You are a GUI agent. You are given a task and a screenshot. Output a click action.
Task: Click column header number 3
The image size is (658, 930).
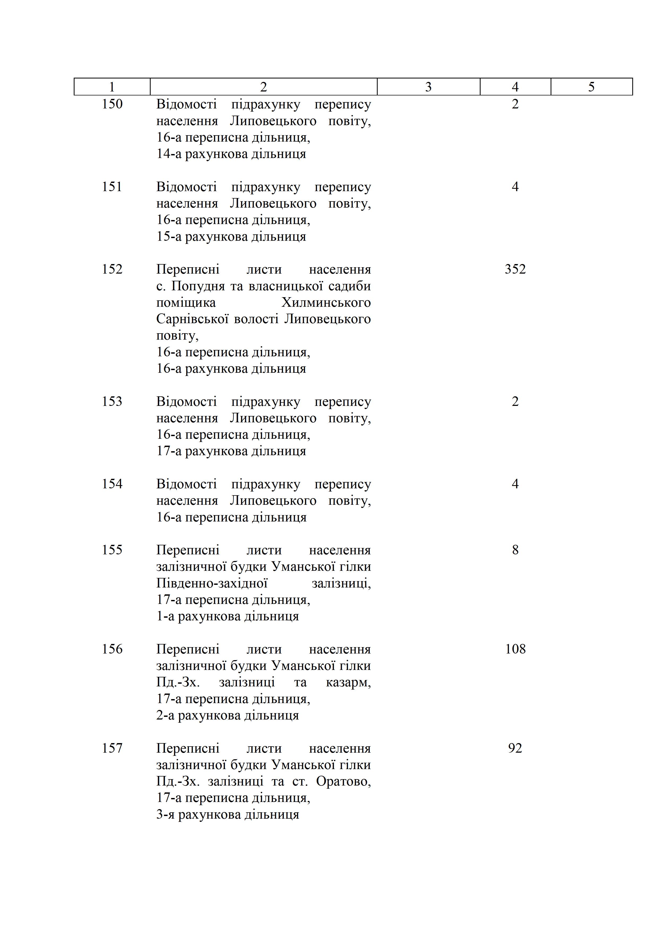(x=428, y=87)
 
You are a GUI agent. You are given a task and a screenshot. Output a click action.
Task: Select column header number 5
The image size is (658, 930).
(x=591, y=87)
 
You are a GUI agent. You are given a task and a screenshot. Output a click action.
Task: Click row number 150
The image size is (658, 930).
(x=112, y=104)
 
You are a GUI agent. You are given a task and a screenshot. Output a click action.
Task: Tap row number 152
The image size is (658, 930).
(x=112, y=269)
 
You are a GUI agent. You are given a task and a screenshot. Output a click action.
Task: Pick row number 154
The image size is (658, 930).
(x=112, y=484)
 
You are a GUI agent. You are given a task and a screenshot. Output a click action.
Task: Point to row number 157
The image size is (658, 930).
(x=112, y=748)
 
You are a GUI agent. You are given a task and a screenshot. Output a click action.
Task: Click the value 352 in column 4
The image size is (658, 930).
(x=515, y=269)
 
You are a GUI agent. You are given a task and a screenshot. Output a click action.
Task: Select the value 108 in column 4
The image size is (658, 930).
(x=515, y=649)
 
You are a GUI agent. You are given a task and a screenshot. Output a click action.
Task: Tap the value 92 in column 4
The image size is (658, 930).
(x=515, y=748)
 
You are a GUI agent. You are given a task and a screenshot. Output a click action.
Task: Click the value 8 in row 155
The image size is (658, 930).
(x=515, y=550)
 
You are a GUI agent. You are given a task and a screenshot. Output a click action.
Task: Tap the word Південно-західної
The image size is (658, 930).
(x=212, y=583)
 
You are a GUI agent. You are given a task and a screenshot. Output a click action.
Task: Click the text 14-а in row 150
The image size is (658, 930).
(x=169, y=154)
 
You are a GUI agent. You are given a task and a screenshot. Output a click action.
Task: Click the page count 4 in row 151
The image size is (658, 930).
(x=515, y=187)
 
